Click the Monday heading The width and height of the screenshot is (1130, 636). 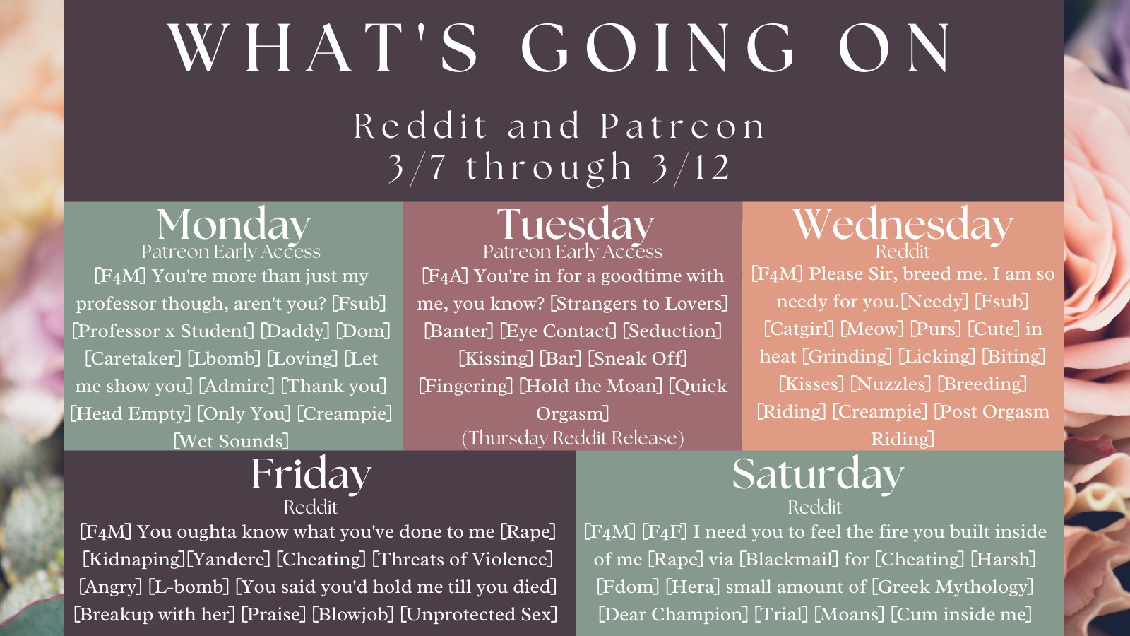coord(233,225)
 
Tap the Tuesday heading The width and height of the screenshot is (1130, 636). coord(575,225)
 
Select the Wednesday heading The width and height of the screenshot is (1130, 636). coord(903,225)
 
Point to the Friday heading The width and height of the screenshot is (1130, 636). coord(311,474)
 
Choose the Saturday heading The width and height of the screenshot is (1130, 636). coord(818,474)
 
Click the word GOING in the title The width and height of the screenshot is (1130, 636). coord(658,49)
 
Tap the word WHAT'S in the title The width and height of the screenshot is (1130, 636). coord(323,49)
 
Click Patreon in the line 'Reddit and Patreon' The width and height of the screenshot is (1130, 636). coord(682,126)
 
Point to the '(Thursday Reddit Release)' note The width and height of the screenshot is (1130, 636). coord(573,438)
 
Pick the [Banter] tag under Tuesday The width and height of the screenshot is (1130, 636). coord(458,331)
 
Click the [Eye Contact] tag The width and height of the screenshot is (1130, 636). coord(558,331)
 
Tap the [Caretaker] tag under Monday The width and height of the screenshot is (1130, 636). coord(133,358)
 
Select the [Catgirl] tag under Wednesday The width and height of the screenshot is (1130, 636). coord(799,329)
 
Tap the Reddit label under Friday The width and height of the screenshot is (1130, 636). coord(310,507)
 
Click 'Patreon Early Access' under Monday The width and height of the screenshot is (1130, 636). coord(230,252)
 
